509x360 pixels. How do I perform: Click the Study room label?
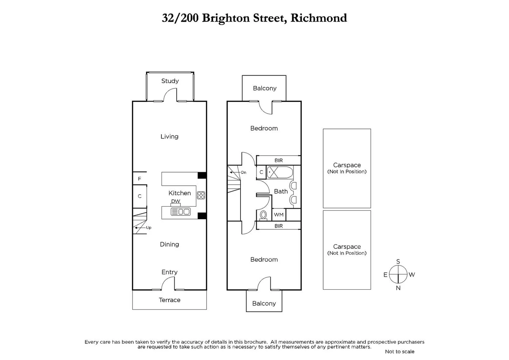[170, 81]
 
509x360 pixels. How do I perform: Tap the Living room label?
[169, 136]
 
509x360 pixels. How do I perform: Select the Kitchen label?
[180, 193]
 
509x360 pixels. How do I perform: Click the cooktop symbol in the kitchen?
[201, 195]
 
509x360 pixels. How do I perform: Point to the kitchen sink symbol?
[180, 212]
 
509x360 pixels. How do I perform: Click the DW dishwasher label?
[176, 201]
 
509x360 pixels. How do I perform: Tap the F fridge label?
[140, 179]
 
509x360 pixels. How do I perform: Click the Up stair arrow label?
[149, 228]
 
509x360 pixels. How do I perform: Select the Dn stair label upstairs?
[244, 172]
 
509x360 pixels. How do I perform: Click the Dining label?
[169, 244]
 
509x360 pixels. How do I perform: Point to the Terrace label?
[170, 300]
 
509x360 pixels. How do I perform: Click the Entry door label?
[169, 272]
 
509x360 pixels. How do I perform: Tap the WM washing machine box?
[279, 215]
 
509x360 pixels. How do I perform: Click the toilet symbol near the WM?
[263, 215]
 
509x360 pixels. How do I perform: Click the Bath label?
[281, 191]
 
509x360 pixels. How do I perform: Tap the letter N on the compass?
[398, 288]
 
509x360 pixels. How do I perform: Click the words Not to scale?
[399, 352]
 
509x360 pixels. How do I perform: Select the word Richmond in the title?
[318, 18]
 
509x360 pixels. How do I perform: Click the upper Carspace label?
[347, 165]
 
